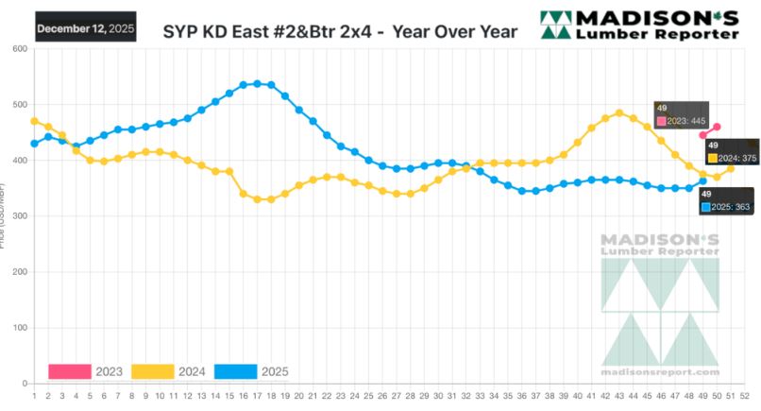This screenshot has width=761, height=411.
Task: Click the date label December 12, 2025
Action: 85,29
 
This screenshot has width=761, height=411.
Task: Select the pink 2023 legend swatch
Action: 70,371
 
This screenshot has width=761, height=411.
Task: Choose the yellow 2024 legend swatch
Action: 153,371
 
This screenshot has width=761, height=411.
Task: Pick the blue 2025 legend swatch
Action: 237,371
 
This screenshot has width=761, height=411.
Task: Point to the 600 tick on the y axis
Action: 19,49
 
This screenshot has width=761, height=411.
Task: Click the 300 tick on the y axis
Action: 19,216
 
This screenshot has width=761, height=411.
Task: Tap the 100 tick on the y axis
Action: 19,328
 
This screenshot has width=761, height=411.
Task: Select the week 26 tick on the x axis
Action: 381,395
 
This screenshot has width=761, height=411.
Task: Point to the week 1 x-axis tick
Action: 34,395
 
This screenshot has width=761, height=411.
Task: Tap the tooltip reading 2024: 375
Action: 732,153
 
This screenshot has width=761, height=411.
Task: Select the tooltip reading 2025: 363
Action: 727,201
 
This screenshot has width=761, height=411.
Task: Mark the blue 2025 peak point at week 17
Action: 257,83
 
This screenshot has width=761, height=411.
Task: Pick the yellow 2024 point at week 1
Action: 34,121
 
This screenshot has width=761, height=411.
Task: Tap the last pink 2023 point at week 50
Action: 717,127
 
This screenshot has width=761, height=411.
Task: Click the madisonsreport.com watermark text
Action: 660,371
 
